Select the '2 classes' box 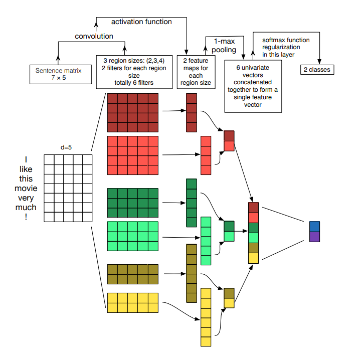click(317, 69)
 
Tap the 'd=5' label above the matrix click(67, 147)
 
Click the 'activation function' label click(141, 22)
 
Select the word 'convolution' click(94, 36)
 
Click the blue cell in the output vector click(314, 227)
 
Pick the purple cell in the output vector click(314, 237)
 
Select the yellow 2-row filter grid click(132, 303)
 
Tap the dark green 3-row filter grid click(132, 202)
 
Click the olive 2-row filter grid click(132, 274)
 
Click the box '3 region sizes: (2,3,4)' click(133, 72)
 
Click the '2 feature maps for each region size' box click(195, 72)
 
